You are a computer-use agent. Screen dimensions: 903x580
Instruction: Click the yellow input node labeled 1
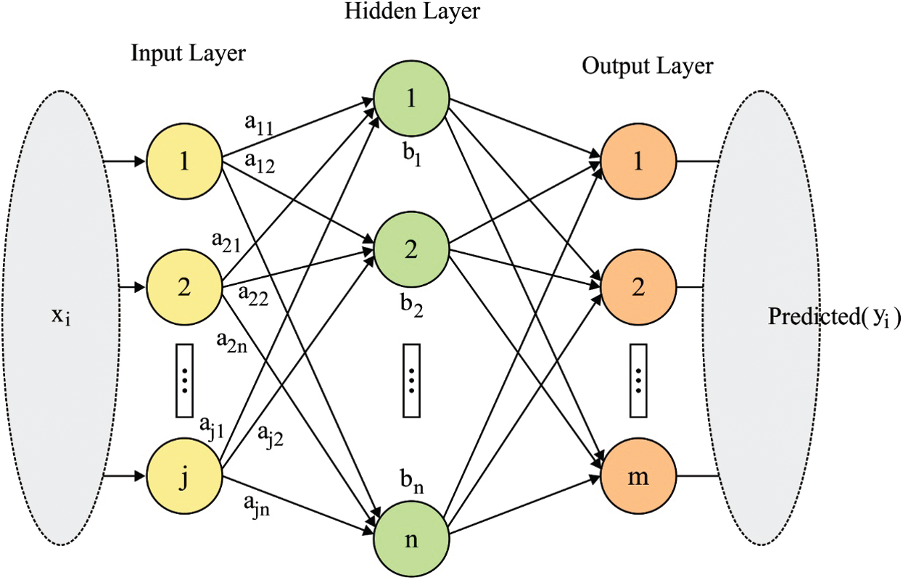coord(184,161)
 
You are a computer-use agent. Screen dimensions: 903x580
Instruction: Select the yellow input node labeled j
coord(184,476)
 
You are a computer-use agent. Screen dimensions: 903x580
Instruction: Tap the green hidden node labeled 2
coord(411,249)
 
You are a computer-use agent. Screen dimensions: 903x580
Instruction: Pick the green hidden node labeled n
coord(411,539)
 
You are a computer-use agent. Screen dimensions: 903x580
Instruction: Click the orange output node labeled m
coord(638,476)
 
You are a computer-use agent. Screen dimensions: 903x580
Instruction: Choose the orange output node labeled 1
coord(638,161)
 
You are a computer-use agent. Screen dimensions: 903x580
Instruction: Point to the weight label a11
coord(259,124)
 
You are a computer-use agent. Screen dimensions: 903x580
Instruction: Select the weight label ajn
coord(256,507)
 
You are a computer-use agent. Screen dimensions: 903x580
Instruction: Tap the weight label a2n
coord(232,343)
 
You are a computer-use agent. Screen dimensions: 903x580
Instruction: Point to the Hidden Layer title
coord(412,12)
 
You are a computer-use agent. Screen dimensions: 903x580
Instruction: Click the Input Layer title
coord(189,54)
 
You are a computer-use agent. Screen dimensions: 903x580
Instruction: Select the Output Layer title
coord(648,67)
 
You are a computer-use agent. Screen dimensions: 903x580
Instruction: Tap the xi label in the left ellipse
coord(61,317)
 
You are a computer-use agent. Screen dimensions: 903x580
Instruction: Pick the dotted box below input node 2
coord(184,381)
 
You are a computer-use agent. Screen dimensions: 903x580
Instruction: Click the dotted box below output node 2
coord(638,381)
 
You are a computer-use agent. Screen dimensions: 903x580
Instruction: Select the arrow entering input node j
coord(124,476)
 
